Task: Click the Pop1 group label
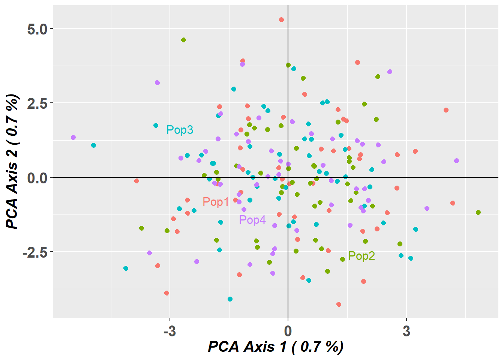click(x=216, y=202)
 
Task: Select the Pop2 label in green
click(x=361, y=256)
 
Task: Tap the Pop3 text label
click(x=180, y=130)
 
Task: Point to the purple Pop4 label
click(x=252, y=220)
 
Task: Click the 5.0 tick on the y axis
click(x=37, y=29)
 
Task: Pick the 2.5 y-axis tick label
click(x=37, y=103)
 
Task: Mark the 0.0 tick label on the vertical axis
click(x=37, y=177)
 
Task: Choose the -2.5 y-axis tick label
click(x=35, y=252)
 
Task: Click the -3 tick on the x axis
click(x=169, y=331)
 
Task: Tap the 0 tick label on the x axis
click(x=288, y=331)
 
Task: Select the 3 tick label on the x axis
click(x=406, y=331)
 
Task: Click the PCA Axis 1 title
click(x=276, y=347)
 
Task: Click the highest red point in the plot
click(x=281, y=19)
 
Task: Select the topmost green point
click(x=183, y=40)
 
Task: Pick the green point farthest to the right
click(x=478, y=212)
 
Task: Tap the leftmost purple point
click(x=73, y=137)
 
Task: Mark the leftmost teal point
click(x=93, y=145)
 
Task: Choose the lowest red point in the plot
click(x=339, y=304)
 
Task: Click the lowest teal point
click(x=230, y=299)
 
